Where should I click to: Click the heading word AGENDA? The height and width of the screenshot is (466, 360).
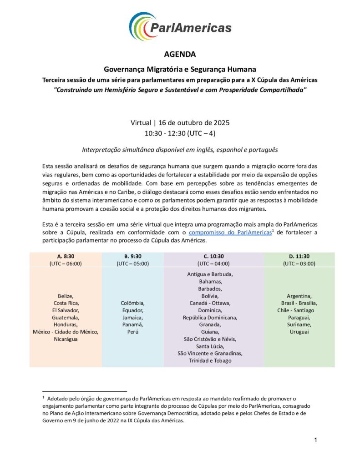[180, 55]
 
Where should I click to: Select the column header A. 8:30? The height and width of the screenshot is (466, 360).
[66, 256]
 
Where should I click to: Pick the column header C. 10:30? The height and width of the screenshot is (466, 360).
[213, 256]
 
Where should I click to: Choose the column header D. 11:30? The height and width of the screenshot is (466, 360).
[299, 256]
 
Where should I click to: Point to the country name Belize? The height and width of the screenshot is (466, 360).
[66, 295]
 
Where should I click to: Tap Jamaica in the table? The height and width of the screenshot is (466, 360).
[132, 317]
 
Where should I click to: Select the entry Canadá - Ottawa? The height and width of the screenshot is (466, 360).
[210, 303]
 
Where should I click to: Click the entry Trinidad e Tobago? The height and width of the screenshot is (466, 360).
[210, 361]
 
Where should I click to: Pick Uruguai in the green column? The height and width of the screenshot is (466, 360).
[299, 332]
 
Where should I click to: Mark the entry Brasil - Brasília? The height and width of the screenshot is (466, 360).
[299, 303]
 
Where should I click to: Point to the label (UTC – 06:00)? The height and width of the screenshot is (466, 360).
[66, 263]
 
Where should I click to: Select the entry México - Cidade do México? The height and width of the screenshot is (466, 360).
[66, 332]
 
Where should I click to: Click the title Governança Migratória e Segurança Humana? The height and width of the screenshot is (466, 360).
[180, 70]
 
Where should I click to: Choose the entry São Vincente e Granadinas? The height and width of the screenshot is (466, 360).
[210, 354]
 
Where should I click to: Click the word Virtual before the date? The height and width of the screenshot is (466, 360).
[141, 123]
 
